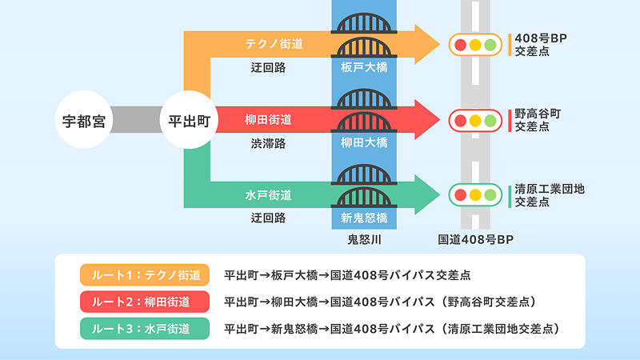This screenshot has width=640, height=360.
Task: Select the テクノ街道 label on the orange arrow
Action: pyautogui.click(x=274, y=42)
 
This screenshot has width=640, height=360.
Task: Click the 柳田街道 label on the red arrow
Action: pyautogui.click(x=268, y=120)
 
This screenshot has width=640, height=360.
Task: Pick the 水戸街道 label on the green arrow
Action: pyautogui.click(x=268, y=194)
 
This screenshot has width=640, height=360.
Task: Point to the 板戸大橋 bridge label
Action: pyautogui.click(x=364, y=67)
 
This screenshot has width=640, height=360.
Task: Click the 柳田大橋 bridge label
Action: pyautogui.click(x=364, y=142)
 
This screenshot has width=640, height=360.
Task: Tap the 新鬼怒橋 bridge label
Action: pyautogui.click(x=364, y=218)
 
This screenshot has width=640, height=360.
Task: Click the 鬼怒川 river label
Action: pyautogui.click(x=364, y=239)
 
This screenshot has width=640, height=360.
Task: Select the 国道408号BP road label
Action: pyautogui.click(x=475, y=239)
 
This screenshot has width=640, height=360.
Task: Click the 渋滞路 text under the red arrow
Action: pyautogui.click(x=268, y=142)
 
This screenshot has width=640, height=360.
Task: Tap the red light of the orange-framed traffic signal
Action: pyautogui.click(x=460, y=44)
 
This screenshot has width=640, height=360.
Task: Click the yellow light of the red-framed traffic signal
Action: pyautogui.click(x=475, y=120)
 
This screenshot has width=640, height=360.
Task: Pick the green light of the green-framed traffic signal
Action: pyautogui.click(x=490, y=194)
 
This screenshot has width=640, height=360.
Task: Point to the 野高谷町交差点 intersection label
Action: pyautogui.click(x=538, y=120)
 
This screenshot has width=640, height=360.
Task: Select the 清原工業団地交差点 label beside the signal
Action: pyautogui.click(x=550, y=195)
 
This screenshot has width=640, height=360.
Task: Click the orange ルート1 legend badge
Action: pyautogui.click(x=144, y=275)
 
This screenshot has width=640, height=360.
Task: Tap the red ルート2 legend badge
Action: pyautogui.click(x=144, y=302)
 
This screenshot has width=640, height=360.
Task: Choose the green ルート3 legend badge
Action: pyautogui.click(x=144, y=328)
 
